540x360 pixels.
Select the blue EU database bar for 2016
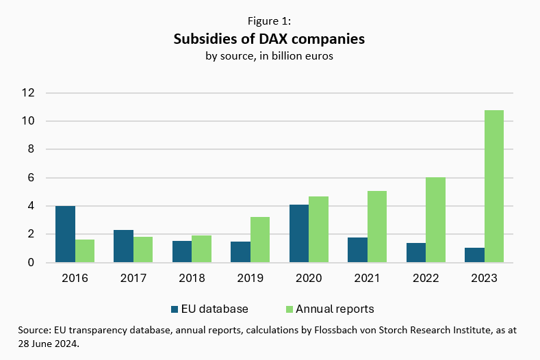pyautogui.click(x=65, y=234)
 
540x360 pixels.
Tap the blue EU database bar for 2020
pyautogui.click(x=299, y=233)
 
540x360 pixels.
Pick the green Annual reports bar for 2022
pyautogui.click(x=435, y=220)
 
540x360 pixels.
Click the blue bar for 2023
pyautogui.click(x=474, y=255)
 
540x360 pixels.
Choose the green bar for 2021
pyautogui.click(x=377, y=227)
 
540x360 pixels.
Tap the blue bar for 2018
pyautogui.click(x=182, y=251)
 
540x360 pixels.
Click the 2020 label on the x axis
pyautogui.click(x=309, y=279)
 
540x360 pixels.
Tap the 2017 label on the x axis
pyautogui.click(x=133, y=279)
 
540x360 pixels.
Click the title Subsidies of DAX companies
pyautogui.click(x=269, y=39)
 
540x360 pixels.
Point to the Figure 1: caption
pyautogui.click(x=269, y=21)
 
